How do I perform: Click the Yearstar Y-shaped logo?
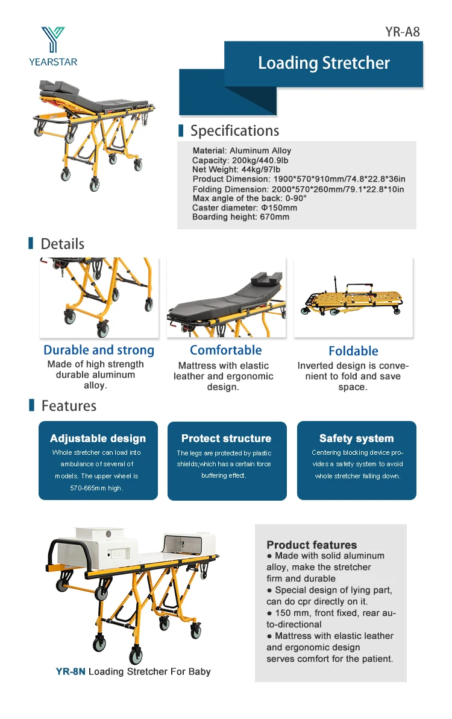[52, 39]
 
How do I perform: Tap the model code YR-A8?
[403, 31]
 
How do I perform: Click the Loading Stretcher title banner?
[324, 63]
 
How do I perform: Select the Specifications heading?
[234, 131]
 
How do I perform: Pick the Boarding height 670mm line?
[240, 217]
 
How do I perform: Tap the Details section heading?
[62, 244]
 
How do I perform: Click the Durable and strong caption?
[99, 350]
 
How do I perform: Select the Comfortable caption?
[225, 350]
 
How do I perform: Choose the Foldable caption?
[353, 351]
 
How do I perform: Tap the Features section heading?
[68, 406]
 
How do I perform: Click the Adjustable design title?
[98, 439]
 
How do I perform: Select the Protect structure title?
[226, 439]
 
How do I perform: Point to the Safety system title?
[356, 439]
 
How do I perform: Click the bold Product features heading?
[312, 545]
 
